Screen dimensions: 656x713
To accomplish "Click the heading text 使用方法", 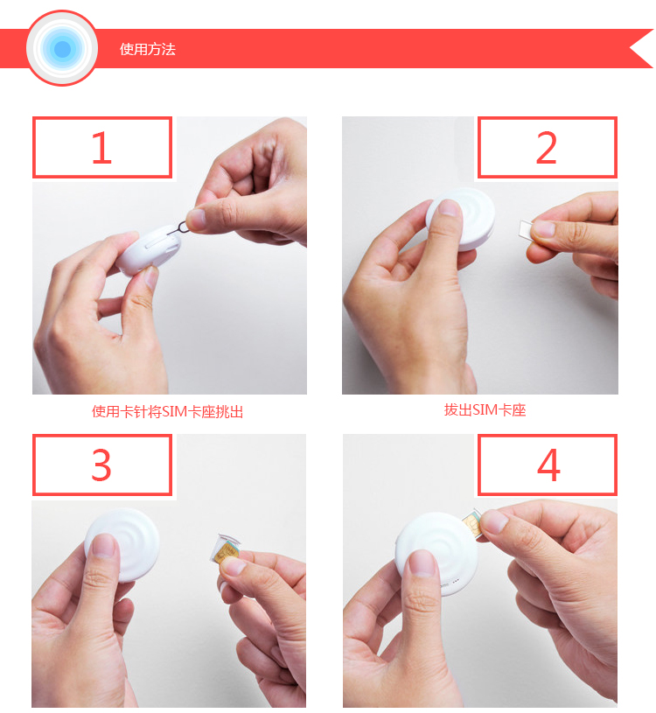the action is [x=147, y=49].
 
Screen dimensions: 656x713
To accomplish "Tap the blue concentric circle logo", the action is [x=62, y=48].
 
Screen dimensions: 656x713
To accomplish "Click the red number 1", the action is [x=101, y=147].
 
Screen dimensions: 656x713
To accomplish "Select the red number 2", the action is [x=546, y=147].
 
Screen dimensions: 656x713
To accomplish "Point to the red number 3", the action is [x=101, y=465].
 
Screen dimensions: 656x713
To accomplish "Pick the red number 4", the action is [x=548, y=465].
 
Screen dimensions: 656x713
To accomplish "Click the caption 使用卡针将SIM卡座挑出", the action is [x=167, y=411].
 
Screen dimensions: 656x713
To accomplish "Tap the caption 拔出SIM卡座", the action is [x=485, y=409].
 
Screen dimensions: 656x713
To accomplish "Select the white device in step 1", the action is [x=149, y=249].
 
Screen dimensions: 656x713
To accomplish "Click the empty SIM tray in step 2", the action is [x=526, y=228].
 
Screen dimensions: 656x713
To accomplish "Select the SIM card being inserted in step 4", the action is [x=473, y=524].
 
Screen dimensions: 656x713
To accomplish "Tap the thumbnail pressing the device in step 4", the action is [x=422, y=563].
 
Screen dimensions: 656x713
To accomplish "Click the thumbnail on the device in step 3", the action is [x=104, y=546].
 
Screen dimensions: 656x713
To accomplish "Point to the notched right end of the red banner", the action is [x=641, y=49].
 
